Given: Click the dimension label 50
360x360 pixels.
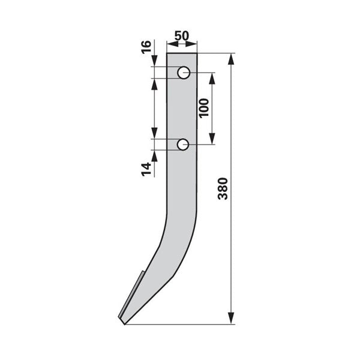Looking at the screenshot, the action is point(182,35).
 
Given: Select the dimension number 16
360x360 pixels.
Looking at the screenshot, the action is point(146,47).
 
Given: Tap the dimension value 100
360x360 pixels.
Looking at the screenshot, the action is point(204,108).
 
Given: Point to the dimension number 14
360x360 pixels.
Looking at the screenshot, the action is point(146,169).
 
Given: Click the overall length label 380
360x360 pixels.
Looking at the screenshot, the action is point(223,188).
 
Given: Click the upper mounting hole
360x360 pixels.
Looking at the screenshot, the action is point(184,73).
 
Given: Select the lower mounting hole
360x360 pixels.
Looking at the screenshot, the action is point(183,145).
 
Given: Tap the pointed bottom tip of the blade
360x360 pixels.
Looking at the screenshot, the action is point(125,324).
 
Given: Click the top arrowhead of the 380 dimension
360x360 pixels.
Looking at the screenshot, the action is point(231,59).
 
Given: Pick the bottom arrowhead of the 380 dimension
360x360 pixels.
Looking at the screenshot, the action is point(231,318).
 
